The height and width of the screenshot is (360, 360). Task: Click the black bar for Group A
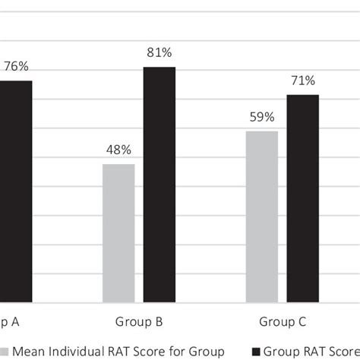click(15, 190)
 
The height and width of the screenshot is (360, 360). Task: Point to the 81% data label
click(159, 53)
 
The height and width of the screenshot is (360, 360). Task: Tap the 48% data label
click(118, 150)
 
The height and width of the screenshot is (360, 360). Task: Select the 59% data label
click(262, 117)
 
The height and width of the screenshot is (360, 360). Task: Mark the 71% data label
click(302, 81)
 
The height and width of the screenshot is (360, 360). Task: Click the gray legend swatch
click(6, 351)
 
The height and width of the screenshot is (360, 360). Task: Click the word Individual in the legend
click(80, 351)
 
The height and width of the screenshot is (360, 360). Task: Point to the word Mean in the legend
click(30, 351)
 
